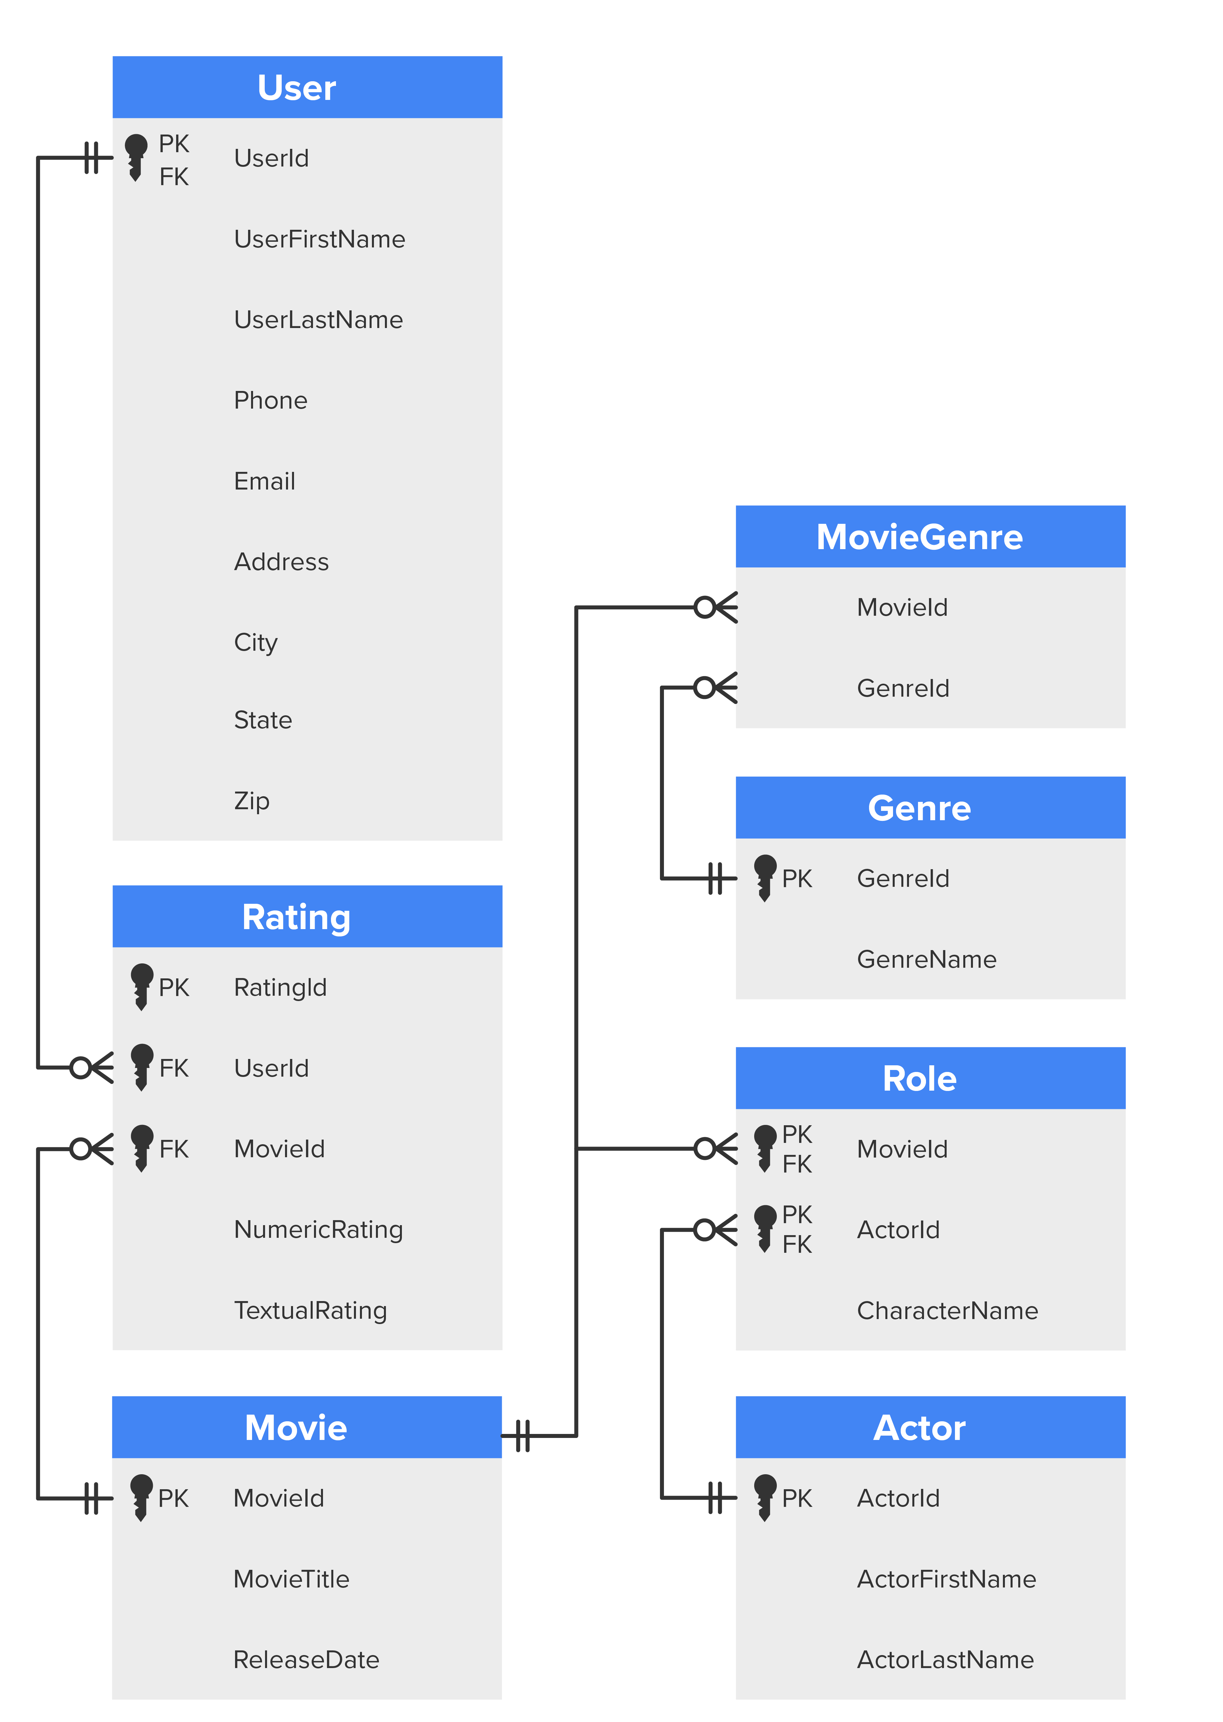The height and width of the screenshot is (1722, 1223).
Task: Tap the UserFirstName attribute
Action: [x=319, y=239]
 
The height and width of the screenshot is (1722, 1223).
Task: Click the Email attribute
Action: [x=264, y=481]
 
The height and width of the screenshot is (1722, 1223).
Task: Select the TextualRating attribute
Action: [x=310, y=1310]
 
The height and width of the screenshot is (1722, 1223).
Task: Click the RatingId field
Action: [x=280, y=987]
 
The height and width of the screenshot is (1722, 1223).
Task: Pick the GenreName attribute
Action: [x=926, y=959]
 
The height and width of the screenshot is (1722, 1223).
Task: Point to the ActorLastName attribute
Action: [x=945, y=1659]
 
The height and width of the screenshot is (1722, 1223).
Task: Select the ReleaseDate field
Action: [x=306, y=1659]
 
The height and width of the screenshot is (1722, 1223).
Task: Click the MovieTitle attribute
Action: [x=291, y=1579]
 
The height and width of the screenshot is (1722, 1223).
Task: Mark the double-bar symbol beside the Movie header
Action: [x=523, y=1435]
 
